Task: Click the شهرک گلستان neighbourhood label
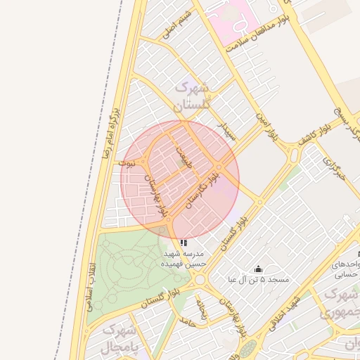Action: [x=191, y=98]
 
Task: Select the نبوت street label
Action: [x=127, y=162]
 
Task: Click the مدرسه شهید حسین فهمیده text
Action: [x=184, y=258]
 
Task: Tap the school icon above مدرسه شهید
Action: [x=184, y=243]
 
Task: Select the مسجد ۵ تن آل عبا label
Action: [x=258, y=279]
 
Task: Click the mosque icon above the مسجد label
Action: [x=258, y=269]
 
